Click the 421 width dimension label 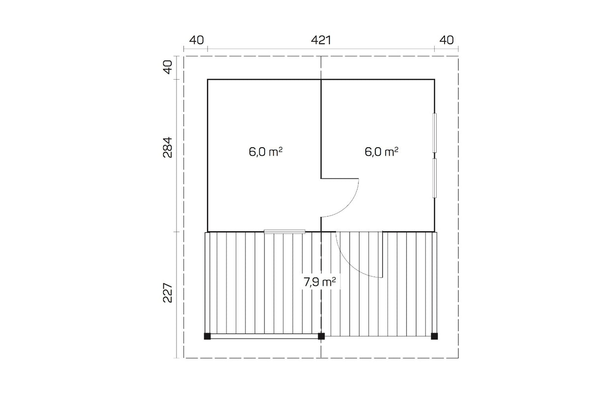point(321,40)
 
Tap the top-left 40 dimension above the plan point(196,40)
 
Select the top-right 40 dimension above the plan point(447,40)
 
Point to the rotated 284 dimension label point(168,148)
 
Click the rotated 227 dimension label point(168,292)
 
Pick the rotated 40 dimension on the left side point(168,67)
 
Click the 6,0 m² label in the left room point(266,152)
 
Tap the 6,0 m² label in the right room point(382,152)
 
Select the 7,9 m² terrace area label point(319,282)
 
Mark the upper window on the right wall point(434,133)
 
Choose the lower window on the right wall point(434,178)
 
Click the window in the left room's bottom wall point(284,231)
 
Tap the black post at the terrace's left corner point(207,336)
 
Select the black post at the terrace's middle point(321,336)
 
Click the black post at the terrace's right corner point(434,336)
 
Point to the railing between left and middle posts point(264,337)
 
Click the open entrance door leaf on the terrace point(383,254)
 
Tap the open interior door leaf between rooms point(339,179)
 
